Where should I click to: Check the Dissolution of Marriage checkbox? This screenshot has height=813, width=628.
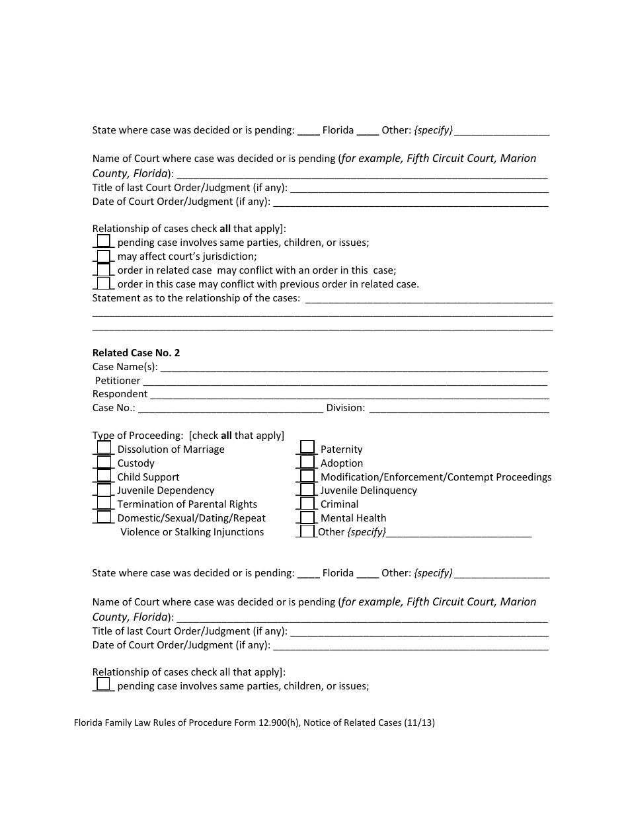click(104, 447)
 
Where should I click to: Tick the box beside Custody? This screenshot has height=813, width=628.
click(104, 461)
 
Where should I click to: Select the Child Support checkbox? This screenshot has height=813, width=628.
click(104, 475)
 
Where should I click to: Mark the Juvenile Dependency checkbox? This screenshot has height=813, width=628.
click(104, 489)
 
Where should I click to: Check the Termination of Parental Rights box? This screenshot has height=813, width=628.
click(104, 503)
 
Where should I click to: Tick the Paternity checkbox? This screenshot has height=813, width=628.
click(307, 447)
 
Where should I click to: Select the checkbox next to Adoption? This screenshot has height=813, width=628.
click(307, 461)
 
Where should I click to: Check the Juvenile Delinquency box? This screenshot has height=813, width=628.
click(307, 489)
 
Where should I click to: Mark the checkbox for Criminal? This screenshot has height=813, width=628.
click(307, 503)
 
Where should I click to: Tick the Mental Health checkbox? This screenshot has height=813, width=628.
click(307, 517)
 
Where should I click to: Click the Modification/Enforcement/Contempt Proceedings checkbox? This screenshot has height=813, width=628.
click(307, 475)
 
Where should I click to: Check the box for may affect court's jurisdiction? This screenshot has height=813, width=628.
click(104, 255)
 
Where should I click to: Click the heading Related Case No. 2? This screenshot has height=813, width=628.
click(136, 353)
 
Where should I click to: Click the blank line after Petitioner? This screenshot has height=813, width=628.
click(345, 381)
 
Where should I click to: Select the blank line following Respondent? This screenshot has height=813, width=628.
click(349, 395)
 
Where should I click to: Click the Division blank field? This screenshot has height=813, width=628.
click(458, 408)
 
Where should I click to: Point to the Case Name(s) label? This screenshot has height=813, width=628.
click(125, 367)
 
